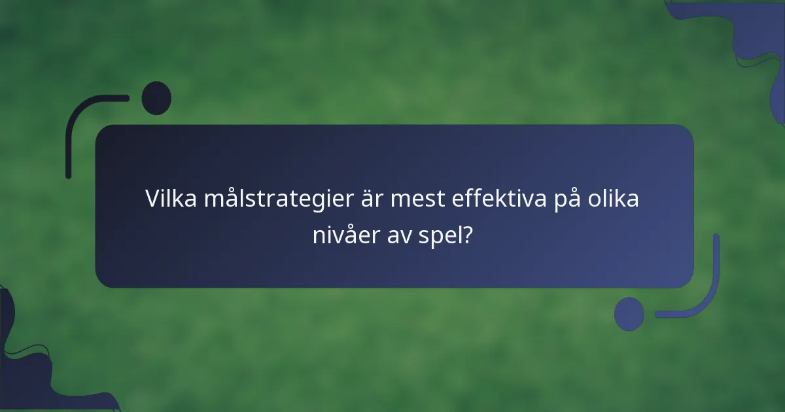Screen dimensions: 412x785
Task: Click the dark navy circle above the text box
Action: coord(156,98)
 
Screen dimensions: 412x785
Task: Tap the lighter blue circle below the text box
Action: coord(629,314)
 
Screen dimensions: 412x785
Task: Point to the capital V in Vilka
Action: coord(152,197)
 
